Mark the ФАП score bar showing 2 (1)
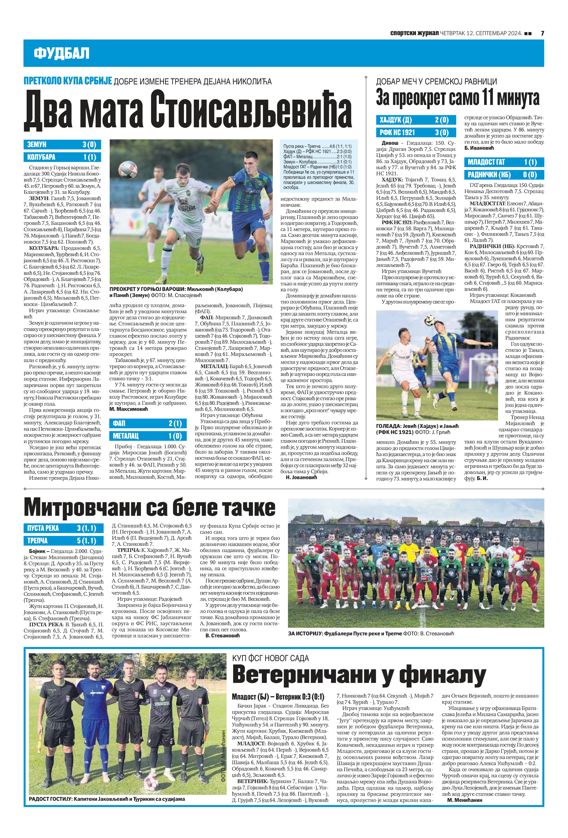coord(148,423)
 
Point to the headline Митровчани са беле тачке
coord(150,508)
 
